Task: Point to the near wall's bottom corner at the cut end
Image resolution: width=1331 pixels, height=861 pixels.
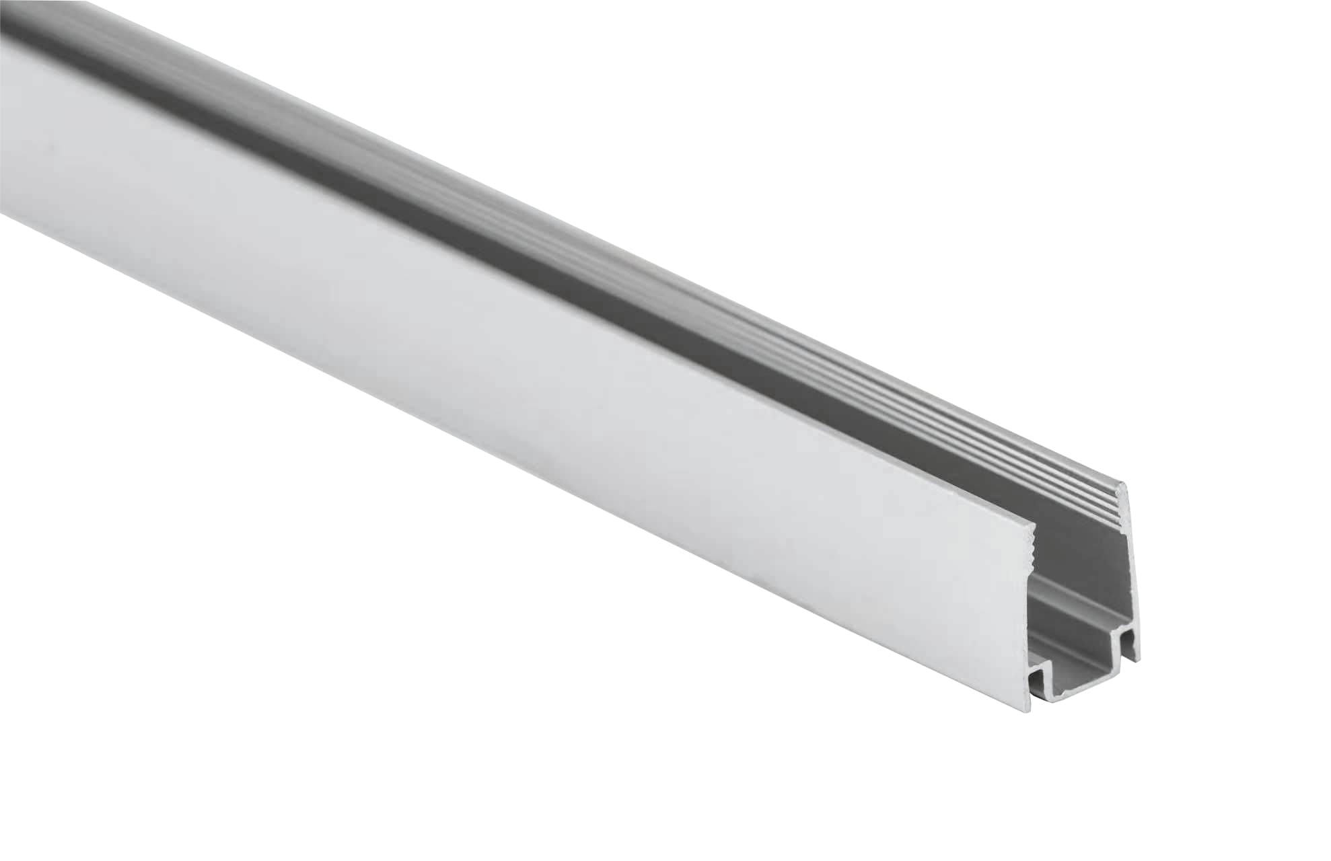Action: [x=1030, y=711]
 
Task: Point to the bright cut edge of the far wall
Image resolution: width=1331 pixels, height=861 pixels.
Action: [x=1132, y=572]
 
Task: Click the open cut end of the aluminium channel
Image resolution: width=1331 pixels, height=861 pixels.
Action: [x=1080, y=605]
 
